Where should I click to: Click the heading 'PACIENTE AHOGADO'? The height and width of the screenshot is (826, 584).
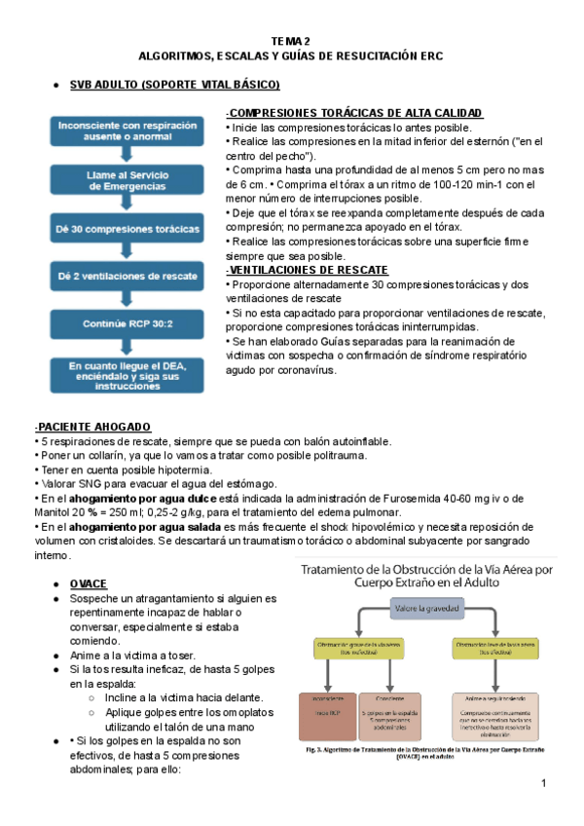92,427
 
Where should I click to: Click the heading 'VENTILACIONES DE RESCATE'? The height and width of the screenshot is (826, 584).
308,270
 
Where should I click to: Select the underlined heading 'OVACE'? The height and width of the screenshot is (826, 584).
88,582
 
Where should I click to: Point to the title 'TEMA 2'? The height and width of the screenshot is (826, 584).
290,41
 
